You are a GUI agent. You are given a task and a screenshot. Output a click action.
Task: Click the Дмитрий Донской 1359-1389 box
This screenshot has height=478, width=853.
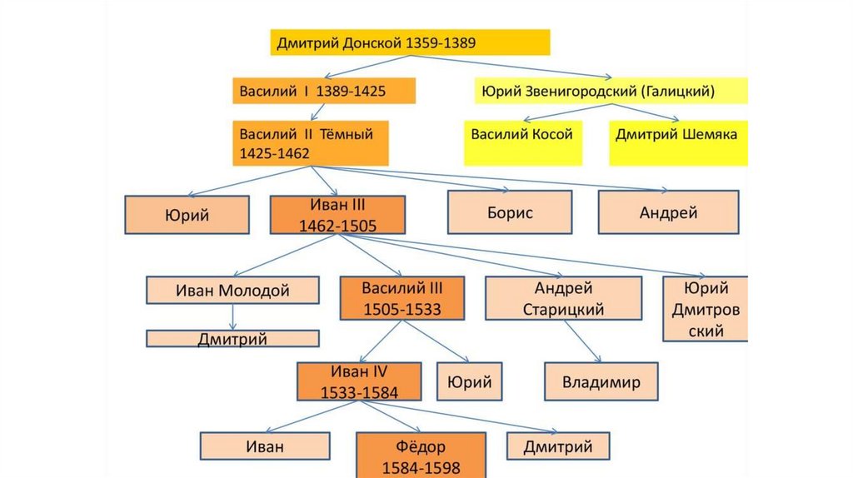pos(410,42)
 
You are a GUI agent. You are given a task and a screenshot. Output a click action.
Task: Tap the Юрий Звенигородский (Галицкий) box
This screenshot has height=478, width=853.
pos(611,91)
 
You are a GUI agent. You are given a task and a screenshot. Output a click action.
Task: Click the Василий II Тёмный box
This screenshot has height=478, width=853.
pos(311,143)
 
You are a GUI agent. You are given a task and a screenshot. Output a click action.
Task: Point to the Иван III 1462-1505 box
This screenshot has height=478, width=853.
pos(337,215)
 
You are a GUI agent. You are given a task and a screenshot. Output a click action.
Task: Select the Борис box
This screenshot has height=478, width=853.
pos(510,212)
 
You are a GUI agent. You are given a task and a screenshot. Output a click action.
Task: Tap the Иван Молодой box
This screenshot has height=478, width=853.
pos(232,291)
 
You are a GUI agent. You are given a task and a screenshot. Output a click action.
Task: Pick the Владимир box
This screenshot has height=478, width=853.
pos(601,383)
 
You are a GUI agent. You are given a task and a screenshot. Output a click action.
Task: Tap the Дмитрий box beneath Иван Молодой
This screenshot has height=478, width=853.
pos(232,338)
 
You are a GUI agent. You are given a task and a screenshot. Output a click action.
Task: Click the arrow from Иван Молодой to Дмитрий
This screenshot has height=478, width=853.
pos(232,316)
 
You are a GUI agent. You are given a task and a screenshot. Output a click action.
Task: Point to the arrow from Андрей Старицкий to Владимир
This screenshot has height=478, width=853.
pos(581,341)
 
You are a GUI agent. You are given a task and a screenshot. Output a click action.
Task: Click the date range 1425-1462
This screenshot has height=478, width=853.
pos(274,154)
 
